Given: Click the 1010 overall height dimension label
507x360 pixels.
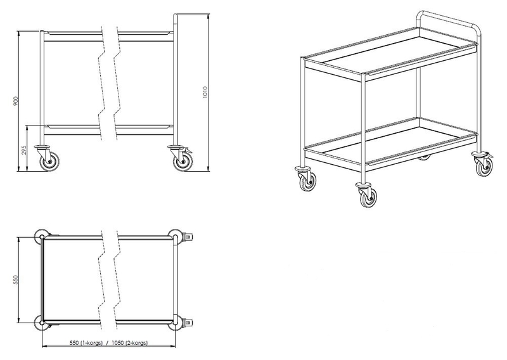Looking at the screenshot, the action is click(x=205, y=93).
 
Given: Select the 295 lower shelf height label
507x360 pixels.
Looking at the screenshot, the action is click(x=23, y=150).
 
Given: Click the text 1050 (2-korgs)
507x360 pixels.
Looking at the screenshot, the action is click(x=131, y=342).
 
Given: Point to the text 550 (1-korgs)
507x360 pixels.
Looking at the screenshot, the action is click(x=86, y=342).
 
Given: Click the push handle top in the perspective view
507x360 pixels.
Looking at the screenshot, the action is click(x=448, y=19).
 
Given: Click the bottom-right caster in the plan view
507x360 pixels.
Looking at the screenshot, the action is click(x=181, y=323).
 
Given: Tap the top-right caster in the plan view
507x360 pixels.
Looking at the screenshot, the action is click(x=181, y=237).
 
